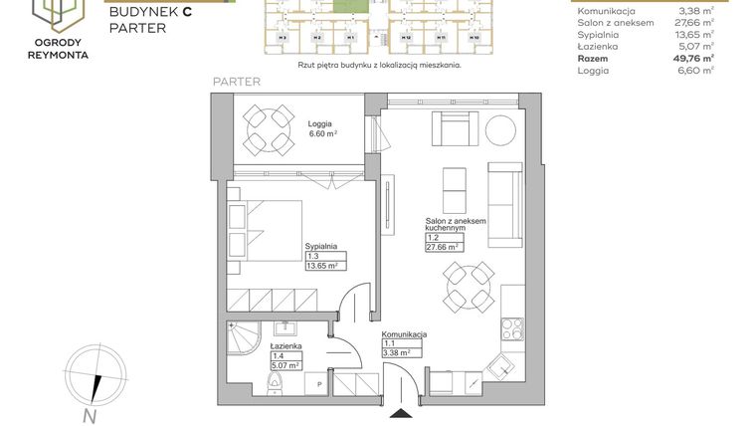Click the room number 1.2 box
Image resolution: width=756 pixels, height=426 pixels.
436,238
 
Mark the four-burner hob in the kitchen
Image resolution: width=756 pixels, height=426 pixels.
513,327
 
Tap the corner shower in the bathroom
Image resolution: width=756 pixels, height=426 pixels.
242,343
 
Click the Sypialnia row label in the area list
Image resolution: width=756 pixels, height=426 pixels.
597,32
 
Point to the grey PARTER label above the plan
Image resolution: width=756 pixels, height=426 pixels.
237,82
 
